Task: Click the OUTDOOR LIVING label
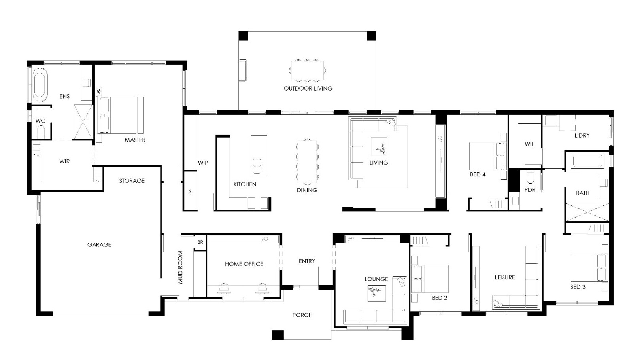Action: (x=308, y=89)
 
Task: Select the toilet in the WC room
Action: (x=41, y=132)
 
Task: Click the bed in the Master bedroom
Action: (x=120, y=115)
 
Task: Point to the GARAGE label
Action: (x=99, y=245)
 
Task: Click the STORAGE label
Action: (x=132, y=181)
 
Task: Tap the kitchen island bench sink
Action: (x=257, y=166)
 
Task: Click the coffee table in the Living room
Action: (x=379, y=146)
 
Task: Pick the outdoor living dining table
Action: (x=307, y=70)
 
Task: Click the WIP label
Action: (x=203, y=163)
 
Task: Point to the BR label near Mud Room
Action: (x=200, y=242)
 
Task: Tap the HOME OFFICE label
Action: (x=244, y=264)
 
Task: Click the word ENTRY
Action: (x=307, y=261)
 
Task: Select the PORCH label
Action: (x=302, y=315)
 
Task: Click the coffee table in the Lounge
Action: (x=377, y=294)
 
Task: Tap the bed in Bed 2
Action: (x=430, y=279)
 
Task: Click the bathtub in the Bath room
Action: (x=588, y=160)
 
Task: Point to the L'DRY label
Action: (x=582, y=136)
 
